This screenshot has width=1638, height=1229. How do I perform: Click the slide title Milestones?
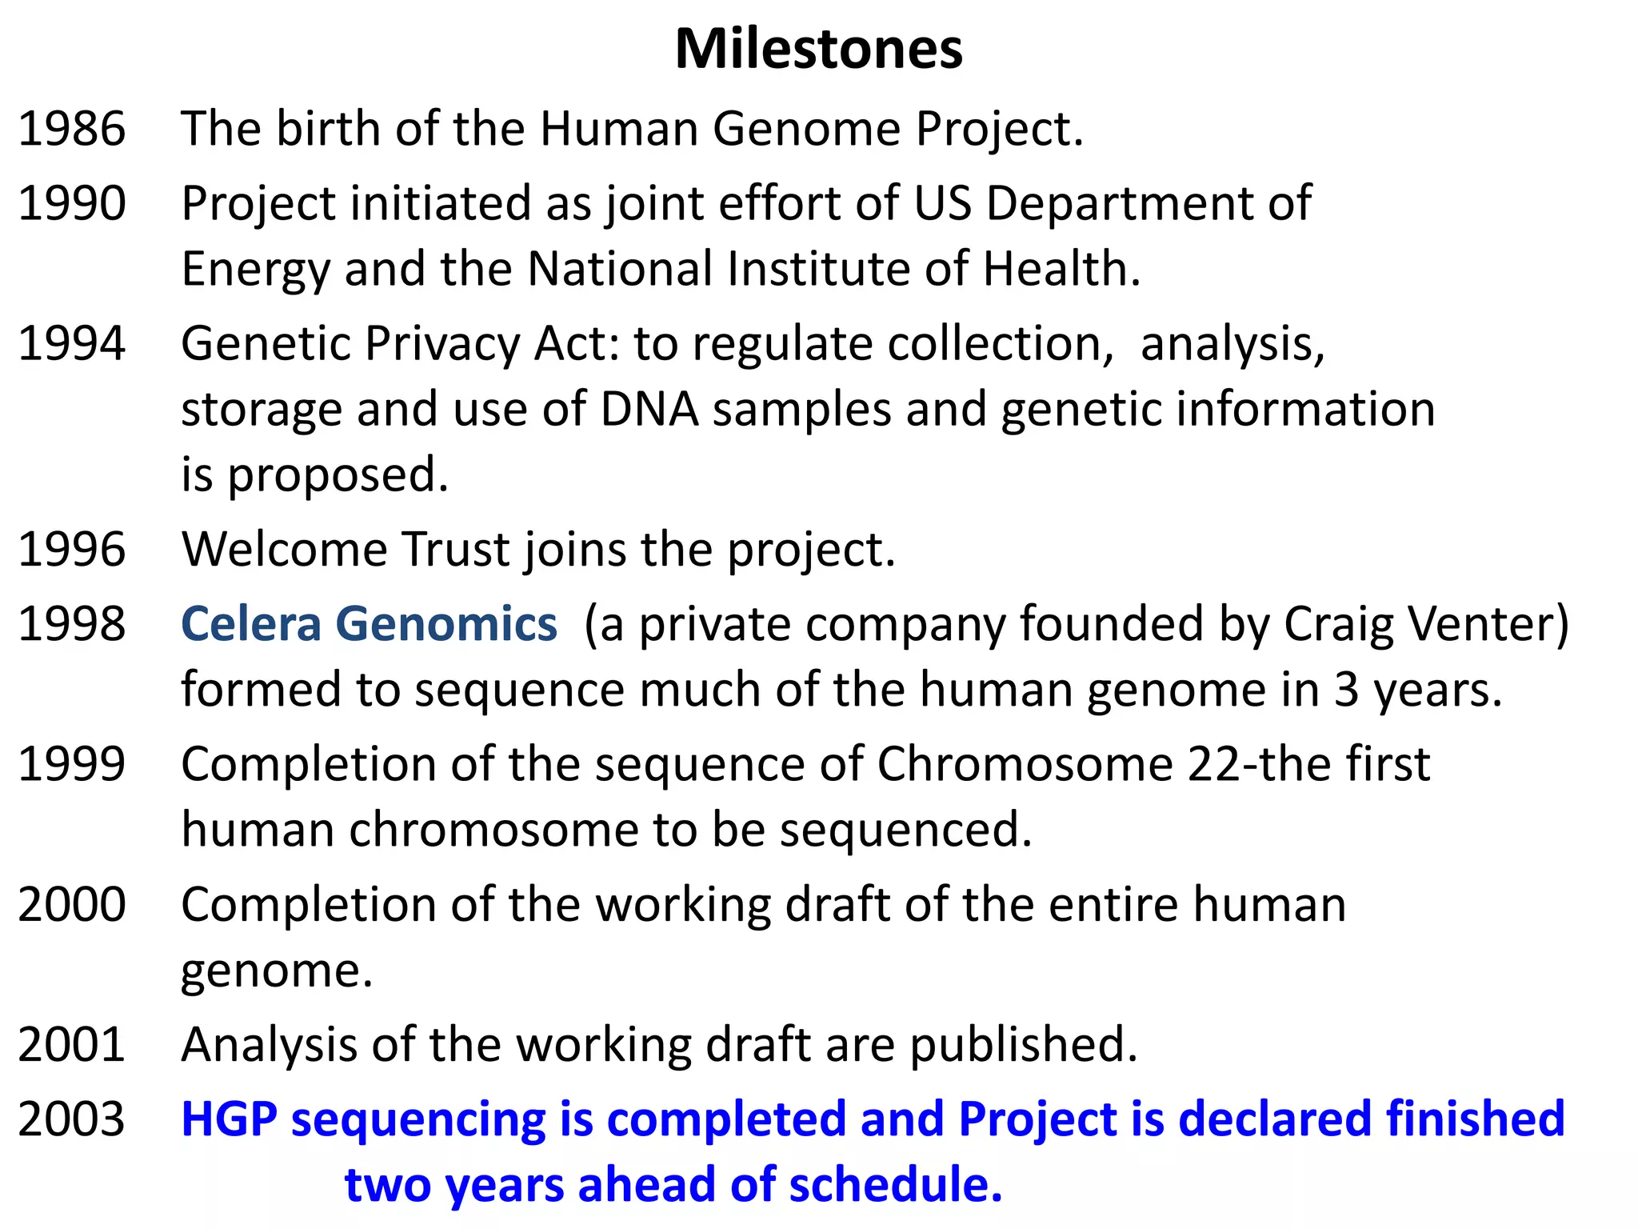818,50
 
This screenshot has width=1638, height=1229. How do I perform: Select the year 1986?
72,129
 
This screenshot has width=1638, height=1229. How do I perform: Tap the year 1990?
72,203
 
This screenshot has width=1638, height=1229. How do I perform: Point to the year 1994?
72,344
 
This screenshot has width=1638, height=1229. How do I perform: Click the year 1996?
72,550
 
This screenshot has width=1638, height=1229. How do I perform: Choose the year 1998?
72,624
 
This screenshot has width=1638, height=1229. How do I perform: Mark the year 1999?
72,764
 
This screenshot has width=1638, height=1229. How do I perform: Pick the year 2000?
72,905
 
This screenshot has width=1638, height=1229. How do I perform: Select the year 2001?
72,1045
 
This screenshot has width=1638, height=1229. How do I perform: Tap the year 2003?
72,1119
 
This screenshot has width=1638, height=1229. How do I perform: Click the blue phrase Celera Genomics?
369,624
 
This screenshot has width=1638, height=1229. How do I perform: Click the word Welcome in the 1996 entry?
285,550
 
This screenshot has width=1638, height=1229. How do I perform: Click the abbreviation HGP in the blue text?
229,1119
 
